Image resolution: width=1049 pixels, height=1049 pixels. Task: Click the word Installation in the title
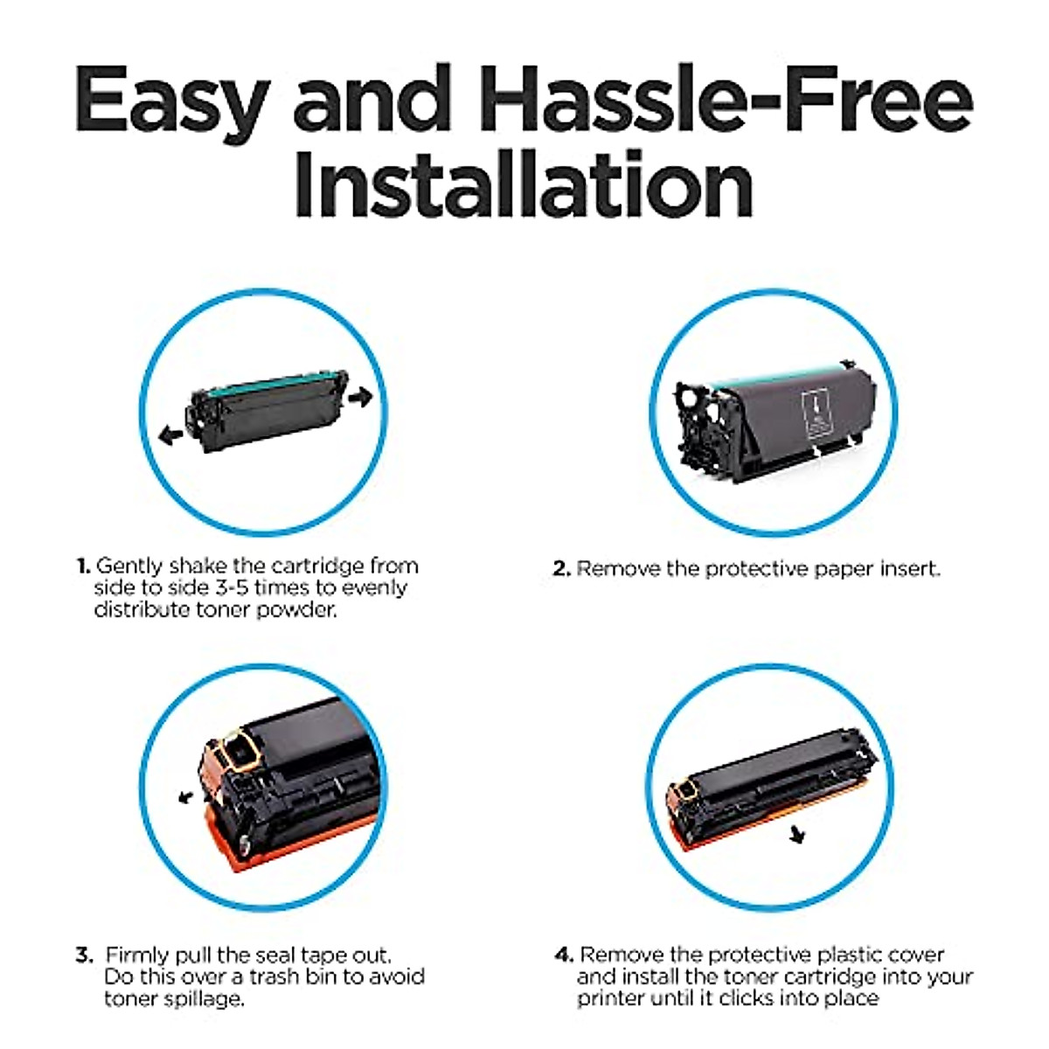click(523, 185)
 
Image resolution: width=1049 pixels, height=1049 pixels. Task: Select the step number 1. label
click(83, 566)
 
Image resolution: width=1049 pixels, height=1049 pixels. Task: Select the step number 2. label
click(561, 569)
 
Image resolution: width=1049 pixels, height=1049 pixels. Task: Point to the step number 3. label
click(84, 955)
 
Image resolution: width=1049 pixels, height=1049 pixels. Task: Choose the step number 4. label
click(564, 955)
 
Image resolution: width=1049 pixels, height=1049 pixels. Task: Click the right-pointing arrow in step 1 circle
click(359, 397)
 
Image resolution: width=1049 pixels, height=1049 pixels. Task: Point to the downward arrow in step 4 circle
click(795, 836)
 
